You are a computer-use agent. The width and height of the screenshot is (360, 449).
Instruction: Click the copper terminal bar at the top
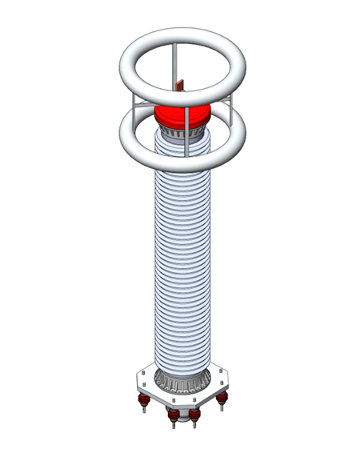pyautogui.click(x=182, y=83)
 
